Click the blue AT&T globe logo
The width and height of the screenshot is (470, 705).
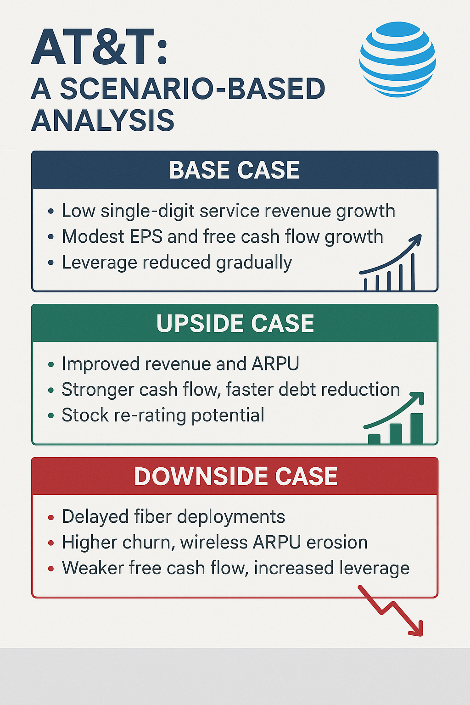click(x=397, y=60)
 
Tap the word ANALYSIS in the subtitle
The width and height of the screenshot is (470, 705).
click(x=103, y=120)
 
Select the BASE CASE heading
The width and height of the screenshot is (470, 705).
click(x=235, y=170)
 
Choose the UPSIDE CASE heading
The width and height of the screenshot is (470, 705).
click(x=235, y=324)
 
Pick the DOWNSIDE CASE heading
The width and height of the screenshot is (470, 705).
click(x=235, y=476)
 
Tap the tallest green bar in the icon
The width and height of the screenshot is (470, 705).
click(x=417, y=428)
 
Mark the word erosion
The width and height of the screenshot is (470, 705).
click(x=337, y=543)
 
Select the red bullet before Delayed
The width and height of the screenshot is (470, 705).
click(x=51, y=518)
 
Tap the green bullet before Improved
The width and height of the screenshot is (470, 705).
click(x=51, y=365)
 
